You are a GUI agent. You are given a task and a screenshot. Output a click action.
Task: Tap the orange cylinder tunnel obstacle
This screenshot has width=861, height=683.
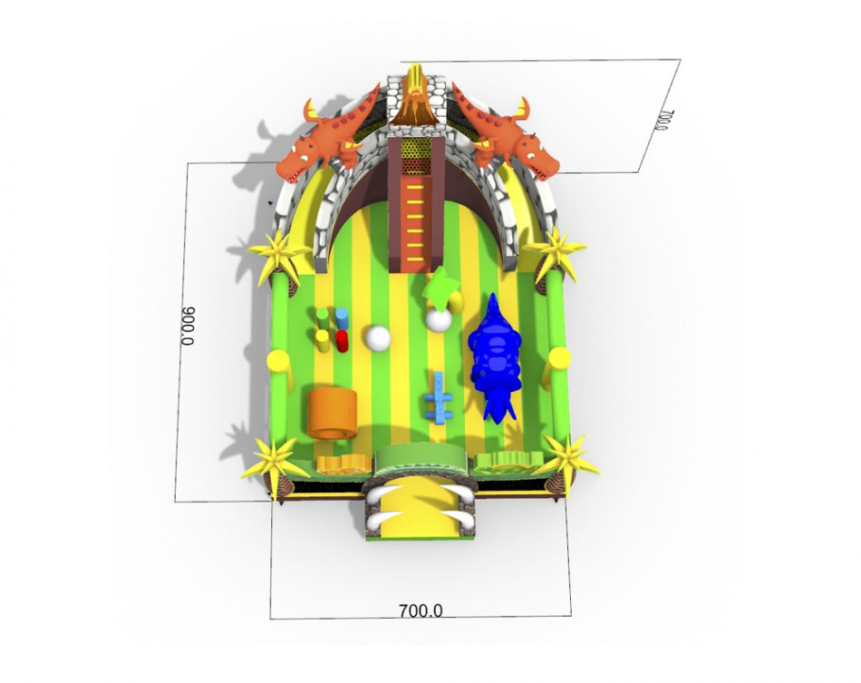[332, 414]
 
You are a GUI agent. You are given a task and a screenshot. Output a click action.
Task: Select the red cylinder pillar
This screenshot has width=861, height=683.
[342, 341]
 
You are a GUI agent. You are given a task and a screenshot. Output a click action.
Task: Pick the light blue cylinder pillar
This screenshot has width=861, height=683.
[342, 318]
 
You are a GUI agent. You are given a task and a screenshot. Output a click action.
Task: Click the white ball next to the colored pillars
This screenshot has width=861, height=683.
[378, 337]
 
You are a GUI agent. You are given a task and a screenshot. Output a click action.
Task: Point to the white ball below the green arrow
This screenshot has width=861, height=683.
[439, 319]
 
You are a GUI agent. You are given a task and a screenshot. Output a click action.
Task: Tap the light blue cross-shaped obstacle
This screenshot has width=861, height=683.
[439, 398]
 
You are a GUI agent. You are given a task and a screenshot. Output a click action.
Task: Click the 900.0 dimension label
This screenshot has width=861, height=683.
[188, 326]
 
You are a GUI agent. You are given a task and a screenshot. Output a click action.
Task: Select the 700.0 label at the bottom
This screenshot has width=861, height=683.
[420, 610]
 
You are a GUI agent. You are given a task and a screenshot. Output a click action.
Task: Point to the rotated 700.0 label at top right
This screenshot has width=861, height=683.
[663, 121]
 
